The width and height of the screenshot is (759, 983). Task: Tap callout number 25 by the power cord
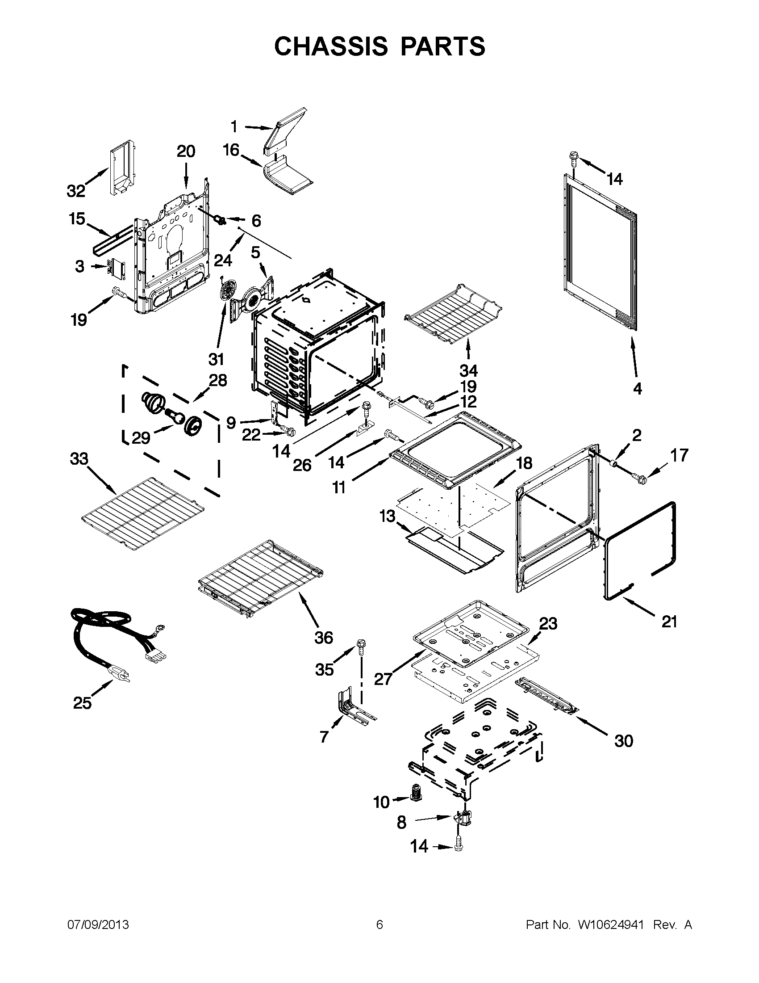[82, 702]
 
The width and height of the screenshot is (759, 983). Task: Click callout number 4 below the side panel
[637, 388]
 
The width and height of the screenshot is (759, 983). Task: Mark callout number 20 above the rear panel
[186, 151]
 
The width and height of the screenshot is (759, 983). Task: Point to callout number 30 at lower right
[623, 740]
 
